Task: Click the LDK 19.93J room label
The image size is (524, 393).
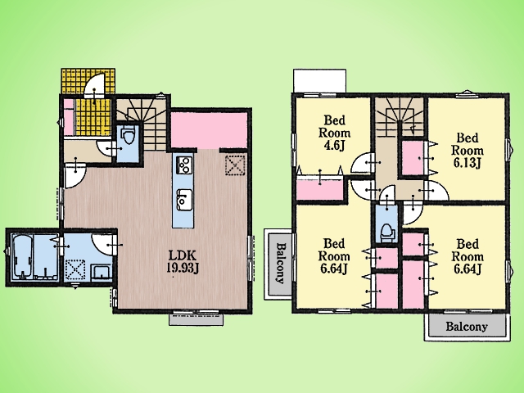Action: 183,262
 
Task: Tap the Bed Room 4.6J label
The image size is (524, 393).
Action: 334,133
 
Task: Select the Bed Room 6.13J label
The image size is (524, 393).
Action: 468,151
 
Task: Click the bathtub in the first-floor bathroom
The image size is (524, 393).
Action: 22,256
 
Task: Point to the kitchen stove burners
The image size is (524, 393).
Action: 183,165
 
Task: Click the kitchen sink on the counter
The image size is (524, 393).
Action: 183,200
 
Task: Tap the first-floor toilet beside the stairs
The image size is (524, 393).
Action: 129,136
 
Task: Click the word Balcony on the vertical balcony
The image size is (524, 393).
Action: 281,264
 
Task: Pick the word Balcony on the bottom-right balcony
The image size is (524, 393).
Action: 467,327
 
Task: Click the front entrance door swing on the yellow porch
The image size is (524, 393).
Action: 95,86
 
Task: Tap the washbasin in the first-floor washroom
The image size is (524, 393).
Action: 102,272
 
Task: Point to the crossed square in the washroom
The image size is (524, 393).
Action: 75,270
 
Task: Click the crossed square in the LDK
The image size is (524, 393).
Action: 236,165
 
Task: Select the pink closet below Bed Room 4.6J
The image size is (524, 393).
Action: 320,188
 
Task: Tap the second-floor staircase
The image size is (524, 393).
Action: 399,117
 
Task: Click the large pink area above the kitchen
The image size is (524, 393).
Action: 210,129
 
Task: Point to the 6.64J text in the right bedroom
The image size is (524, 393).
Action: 468,269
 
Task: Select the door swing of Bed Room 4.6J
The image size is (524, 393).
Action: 362,163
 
